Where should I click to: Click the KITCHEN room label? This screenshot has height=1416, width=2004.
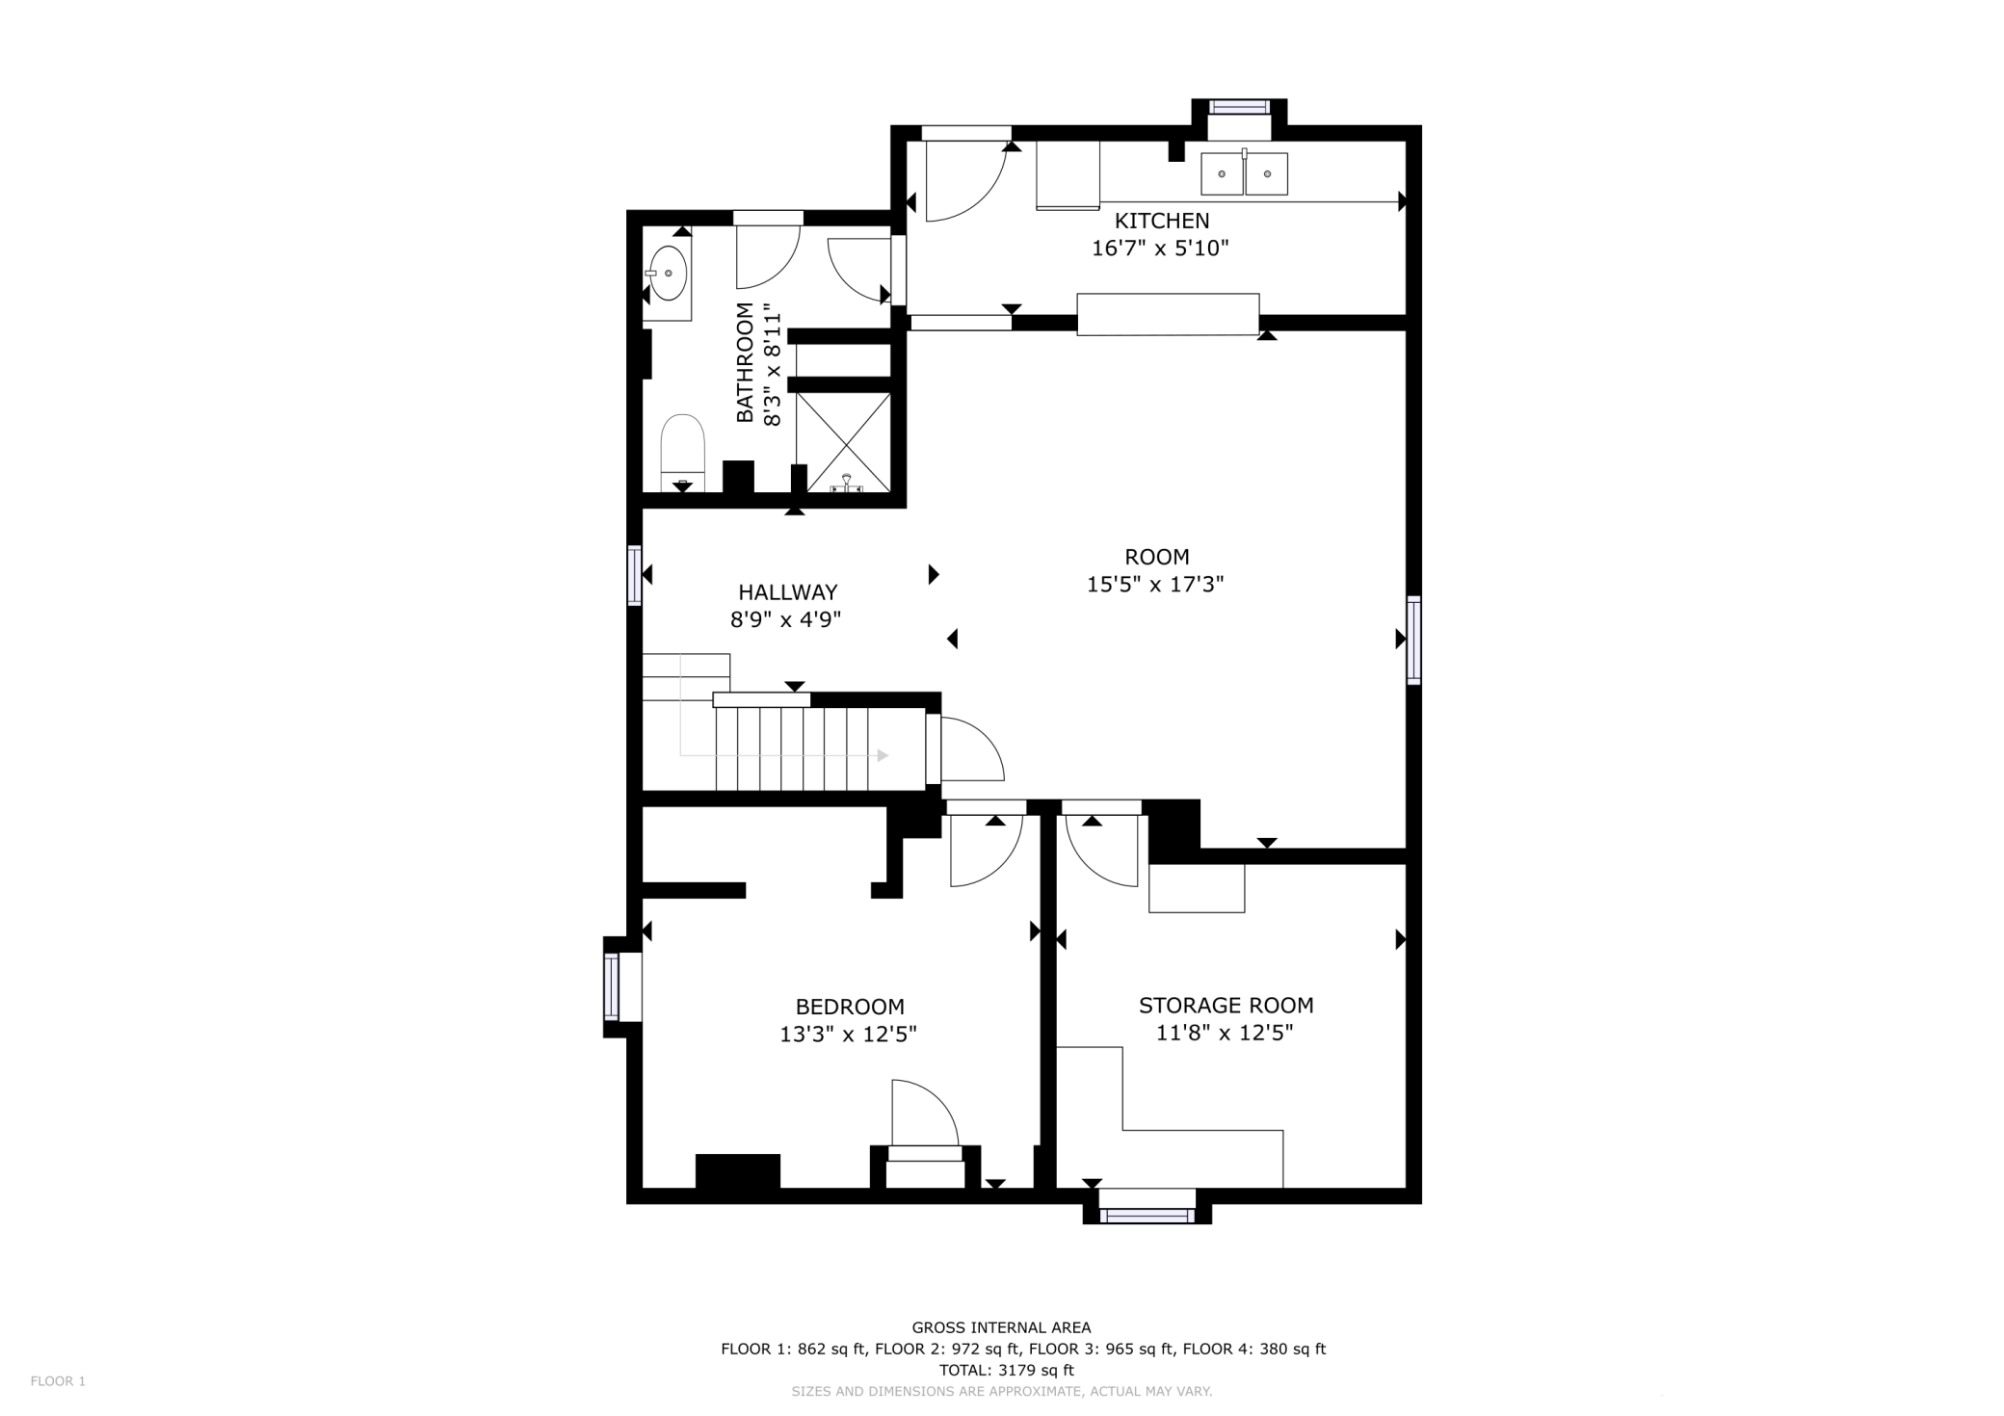point(1161,221)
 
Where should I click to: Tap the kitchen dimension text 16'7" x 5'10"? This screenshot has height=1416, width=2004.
point(1160,249)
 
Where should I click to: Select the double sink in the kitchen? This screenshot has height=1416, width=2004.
point(1244,174)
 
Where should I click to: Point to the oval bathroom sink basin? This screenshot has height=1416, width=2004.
point(669,273)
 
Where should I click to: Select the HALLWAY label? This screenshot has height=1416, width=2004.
point(787,592)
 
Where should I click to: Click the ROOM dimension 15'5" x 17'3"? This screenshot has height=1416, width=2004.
point(1155,585)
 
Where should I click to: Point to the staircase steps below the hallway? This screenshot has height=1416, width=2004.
point(804,748)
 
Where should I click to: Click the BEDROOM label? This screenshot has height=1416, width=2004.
point(850,1008)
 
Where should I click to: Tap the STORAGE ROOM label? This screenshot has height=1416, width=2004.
point(1226,1006)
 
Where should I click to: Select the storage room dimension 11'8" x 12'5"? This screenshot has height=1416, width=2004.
point(1224,1034)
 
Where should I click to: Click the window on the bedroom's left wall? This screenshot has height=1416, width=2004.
point(613,986)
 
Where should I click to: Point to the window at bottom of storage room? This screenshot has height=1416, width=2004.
point(1147,1214)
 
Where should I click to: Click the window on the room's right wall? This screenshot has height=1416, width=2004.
point(1413,641)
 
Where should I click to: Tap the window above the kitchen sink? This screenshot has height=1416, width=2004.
point(1240,107)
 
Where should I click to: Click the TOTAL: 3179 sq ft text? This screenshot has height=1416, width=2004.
point(1006,1370)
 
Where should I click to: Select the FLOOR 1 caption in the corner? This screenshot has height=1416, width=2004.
point(58,1381)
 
